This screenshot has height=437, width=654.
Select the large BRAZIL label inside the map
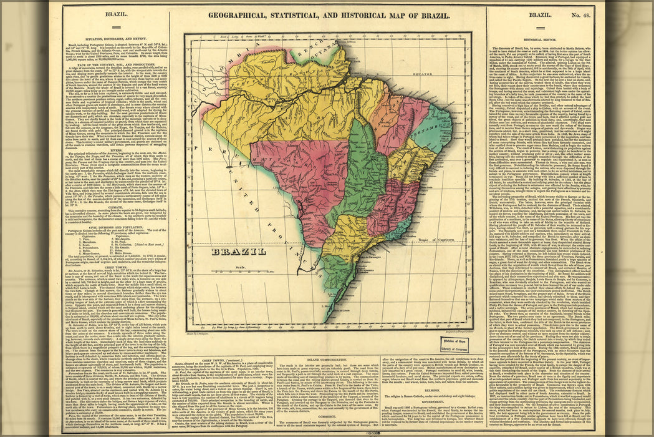click(x=238, y=252)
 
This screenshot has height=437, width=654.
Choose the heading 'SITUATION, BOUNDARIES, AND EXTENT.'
click(x=120, y=38)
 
